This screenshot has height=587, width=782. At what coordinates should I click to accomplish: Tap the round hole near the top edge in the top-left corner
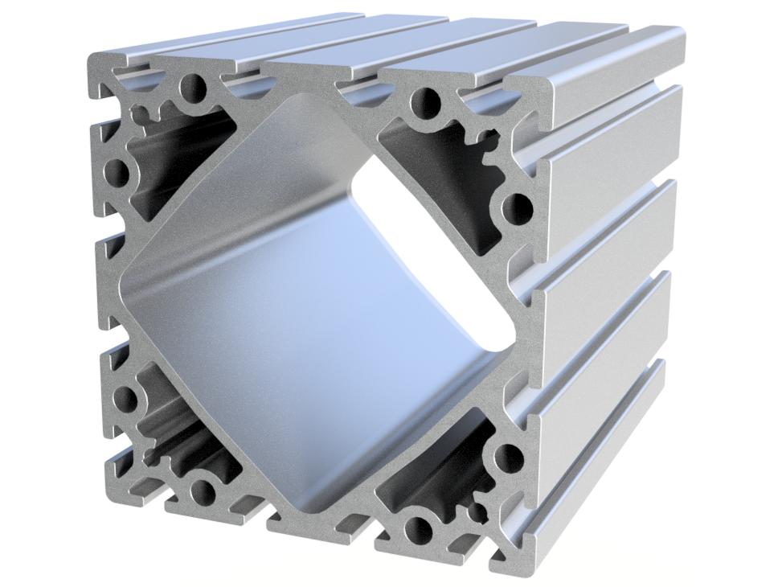pos(194,88)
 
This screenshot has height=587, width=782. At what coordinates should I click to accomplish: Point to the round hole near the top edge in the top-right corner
pos(424,101)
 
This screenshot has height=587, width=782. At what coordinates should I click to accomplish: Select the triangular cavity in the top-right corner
pos(450,161)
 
